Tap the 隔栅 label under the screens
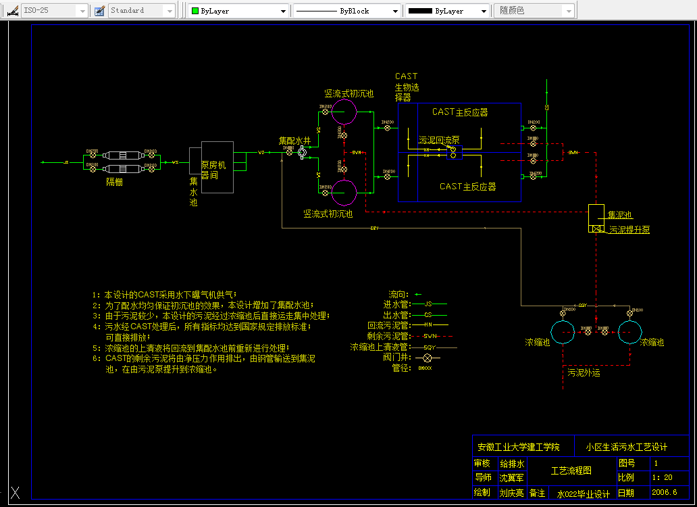(114, 181)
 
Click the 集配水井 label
(294, 141)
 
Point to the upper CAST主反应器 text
(460, 112)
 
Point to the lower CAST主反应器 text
(467, 187)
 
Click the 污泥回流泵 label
(439, 140)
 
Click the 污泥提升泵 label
(629, 230)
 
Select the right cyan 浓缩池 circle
(629, 332)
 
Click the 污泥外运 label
(584, 372)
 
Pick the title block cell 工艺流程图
(571, 470)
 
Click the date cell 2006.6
(664, 493)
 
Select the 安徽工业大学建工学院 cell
(518, 447)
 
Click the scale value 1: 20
(663, 478)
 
